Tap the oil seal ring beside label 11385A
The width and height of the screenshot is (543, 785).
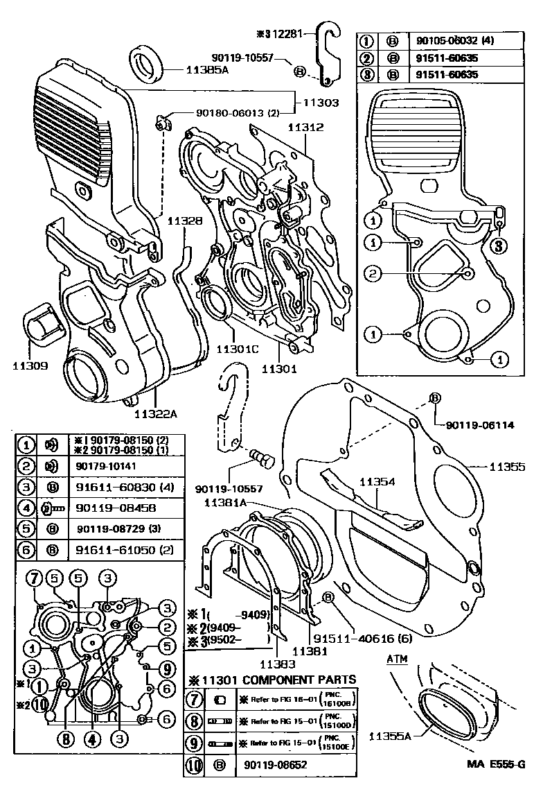coord(148,63)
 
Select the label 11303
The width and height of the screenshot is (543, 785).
coord(319,103)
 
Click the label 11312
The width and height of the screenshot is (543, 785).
coord(305,128)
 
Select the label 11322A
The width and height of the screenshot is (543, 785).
coord(156,413)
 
